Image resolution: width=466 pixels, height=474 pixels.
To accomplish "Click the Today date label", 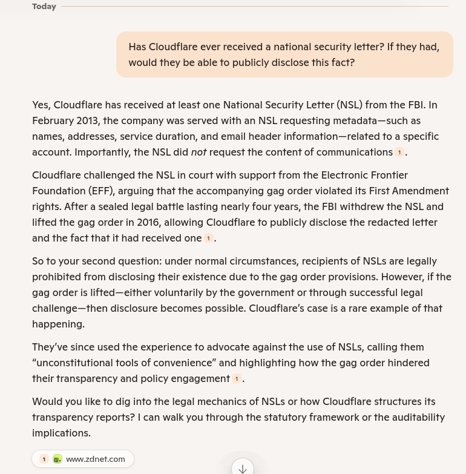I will [x=44, y=6].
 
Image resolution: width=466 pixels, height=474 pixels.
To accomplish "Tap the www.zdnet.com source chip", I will [x=83, y=459].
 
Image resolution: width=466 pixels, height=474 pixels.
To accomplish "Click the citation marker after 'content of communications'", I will [x=399, y=153].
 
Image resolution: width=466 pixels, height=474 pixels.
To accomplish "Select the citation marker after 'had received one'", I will [x=208, y=239].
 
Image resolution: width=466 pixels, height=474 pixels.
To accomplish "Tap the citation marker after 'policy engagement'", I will [x=237, y=379].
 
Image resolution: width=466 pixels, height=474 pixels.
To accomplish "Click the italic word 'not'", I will [x=199, y=152].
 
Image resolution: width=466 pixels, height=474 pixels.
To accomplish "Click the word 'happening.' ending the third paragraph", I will [x=58, y=324].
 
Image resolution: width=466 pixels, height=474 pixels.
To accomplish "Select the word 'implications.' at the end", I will [x=61, y=433].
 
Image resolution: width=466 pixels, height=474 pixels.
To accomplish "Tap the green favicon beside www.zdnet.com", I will [x=57, y=459].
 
